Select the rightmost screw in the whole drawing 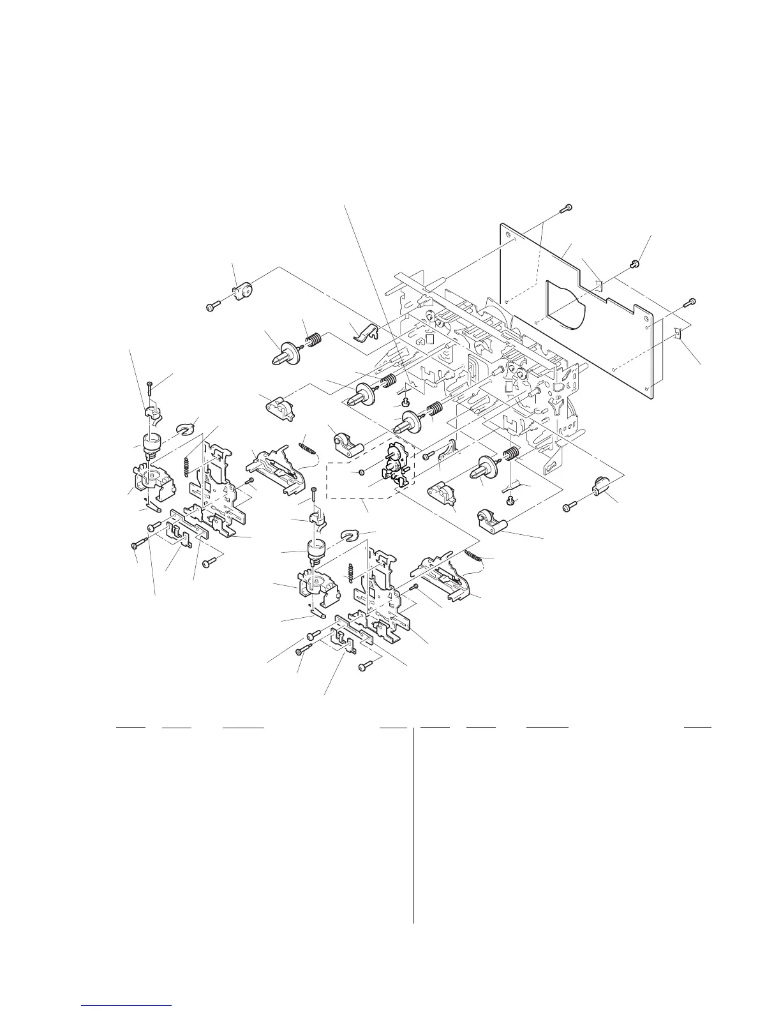coord(690,301)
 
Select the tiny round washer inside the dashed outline coord(361,473)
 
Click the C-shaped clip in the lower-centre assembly coord(350,532)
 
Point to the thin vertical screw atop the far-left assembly coord(149,389)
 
